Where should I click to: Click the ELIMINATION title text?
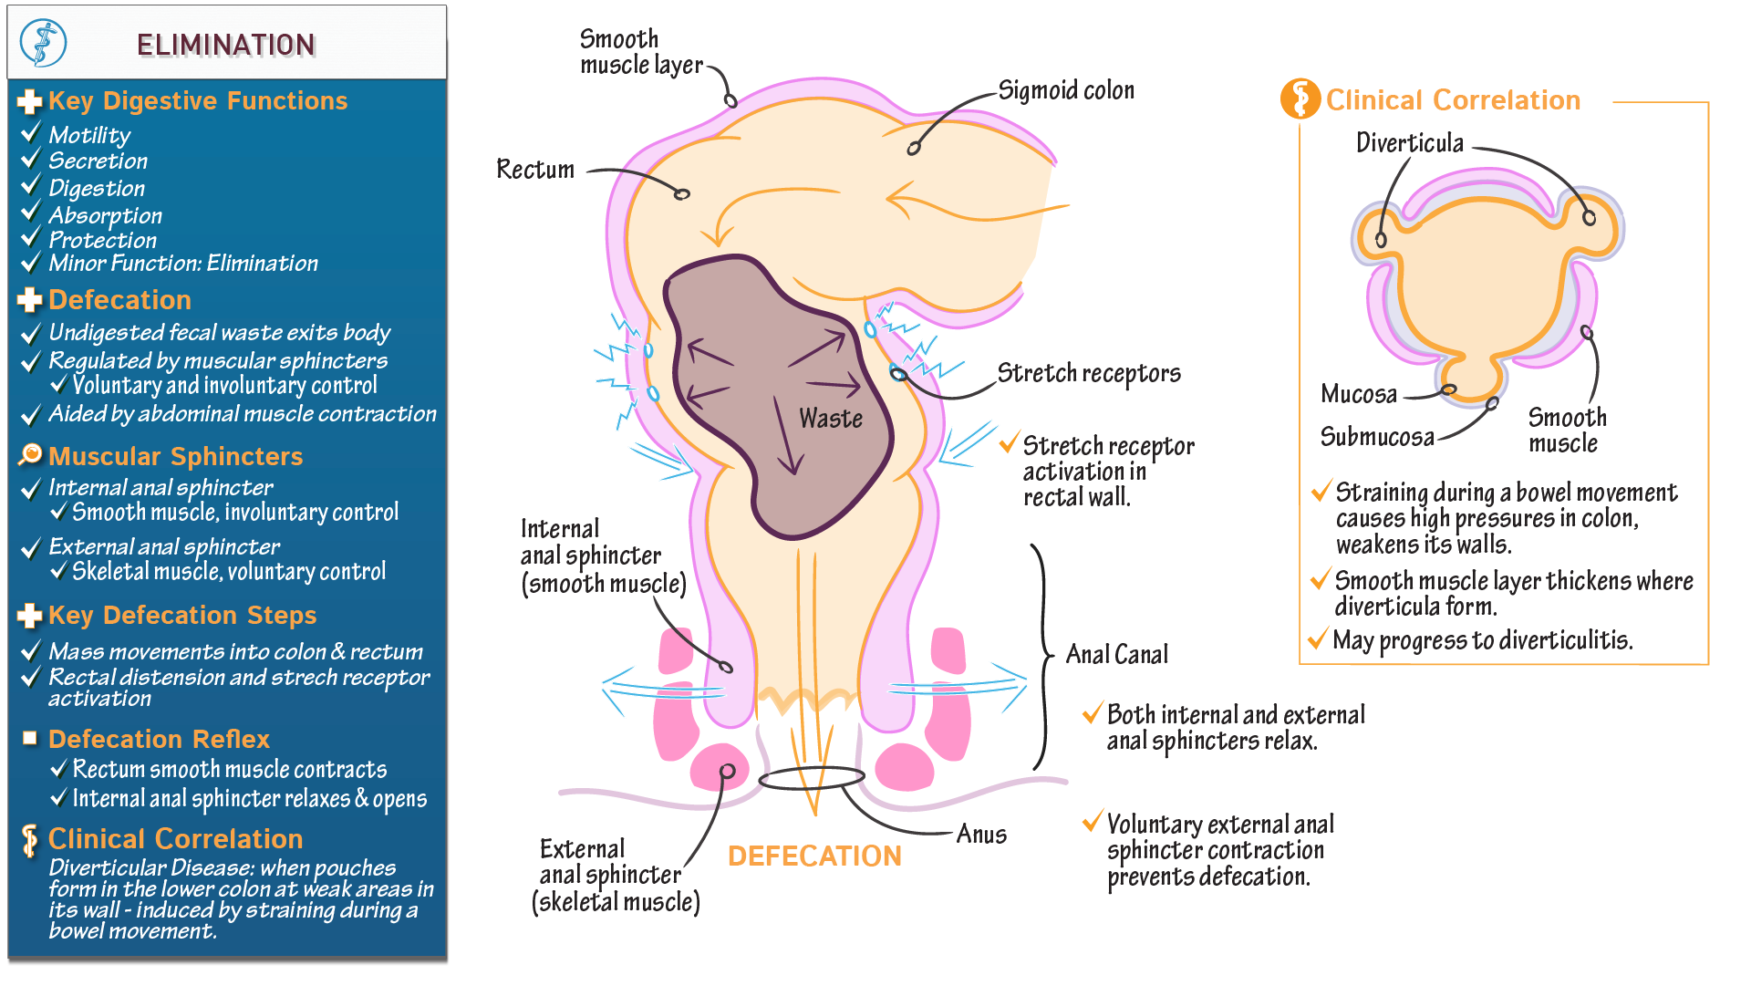tap(225, 45)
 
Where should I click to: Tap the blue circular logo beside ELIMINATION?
tap(43, 43)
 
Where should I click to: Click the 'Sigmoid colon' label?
tap(1066, 90)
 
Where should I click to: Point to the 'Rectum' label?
tap(535, 170)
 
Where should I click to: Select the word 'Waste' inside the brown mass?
tap(831, 419)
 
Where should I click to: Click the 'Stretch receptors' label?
tap(1089, 373)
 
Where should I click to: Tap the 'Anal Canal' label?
tap(1116, 655)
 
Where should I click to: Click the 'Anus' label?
tap(981, 835)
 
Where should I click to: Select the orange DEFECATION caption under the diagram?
tap(814, 856)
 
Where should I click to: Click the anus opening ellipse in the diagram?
tap(811, 778)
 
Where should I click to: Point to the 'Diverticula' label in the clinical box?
tap(1409, 143)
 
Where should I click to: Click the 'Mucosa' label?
tap(1359, 394)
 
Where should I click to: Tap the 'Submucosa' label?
tap(1377, 437)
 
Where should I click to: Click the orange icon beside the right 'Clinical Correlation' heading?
tap(1300, 99)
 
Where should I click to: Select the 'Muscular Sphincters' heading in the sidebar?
tap(175, 456)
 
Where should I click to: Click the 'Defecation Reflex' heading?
tap(159, 739)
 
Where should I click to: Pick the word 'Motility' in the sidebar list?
tap(89, 135)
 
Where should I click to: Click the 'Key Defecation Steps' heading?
tap(182, 616)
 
